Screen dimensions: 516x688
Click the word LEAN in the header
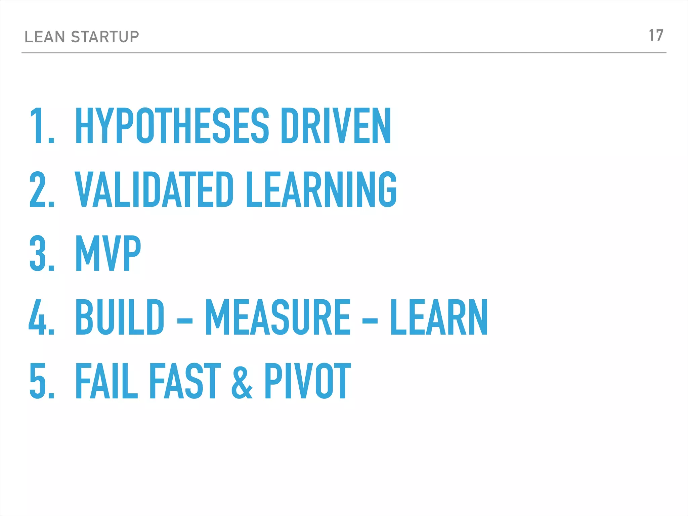(45, 37)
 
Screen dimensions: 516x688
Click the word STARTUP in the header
(105, 37)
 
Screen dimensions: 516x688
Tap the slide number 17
(656, 36)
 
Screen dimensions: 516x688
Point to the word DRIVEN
(336, 126)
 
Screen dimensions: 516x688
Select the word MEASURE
(278, 317)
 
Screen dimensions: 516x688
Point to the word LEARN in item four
(439, 317)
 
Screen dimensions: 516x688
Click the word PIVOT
(308, 381)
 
